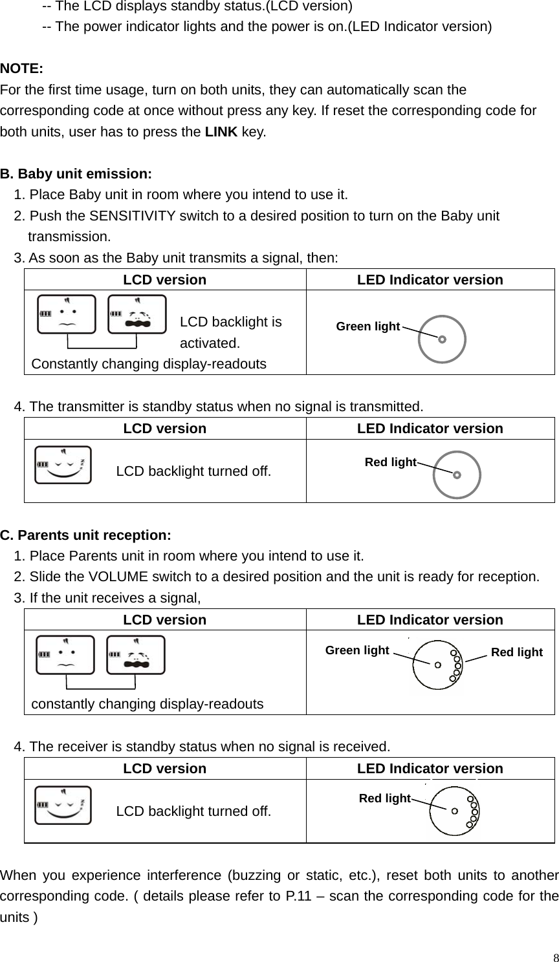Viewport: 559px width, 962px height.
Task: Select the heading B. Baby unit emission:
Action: pyautogui.click(x=76, y=174)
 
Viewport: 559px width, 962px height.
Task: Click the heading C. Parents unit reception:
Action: pyautogui.click(x=86, y=535)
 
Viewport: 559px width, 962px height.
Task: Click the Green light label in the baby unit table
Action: pyautogui.click(x=367, y=326)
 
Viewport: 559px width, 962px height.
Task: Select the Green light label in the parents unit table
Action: pyautogui.click(x=357, y=650)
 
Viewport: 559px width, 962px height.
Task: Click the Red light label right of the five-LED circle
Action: pyautogui.click(x=516, y=652)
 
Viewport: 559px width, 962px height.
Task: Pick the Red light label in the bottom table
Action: pyautogui.click(x=384, y=798)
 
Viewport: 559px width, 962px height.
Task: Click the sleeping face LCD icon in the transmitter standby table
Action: pyautogui.click(x=63, y=464)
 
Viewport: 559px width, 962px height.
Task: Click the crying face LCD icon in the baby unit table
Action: pyautogui.click(x=137, y=314)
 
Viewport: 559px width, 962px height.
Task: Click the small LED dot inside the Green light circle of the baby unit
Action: pyautogui.click(x=442, y=339)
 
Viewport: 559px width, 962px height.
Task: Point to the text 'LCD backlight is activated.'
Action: pyautogui.click(x=230, y=332)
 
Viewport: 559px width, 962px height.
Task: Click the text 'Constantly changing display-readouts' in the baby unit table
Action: pyautogui.click(x=149, y=363)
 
